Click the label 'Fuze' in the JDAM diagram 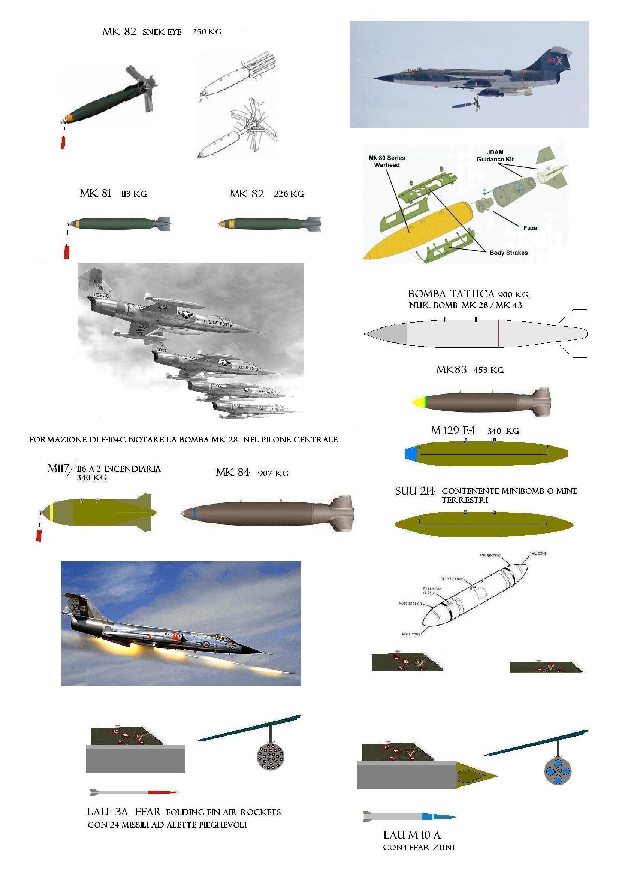(529, 228)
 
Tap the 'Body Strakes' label (508, 253)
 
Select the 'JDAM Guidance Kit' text (495, 155)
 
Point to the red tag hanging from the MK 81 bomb (66, 252)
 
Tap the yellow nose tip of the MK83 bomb (417, 403)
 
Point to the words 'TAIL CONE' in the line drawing (538, 553)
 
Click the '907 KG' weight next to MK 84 (273, 474)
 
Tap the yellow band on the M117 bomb (52, 512)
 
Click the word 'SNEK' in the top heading (151, 32)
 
